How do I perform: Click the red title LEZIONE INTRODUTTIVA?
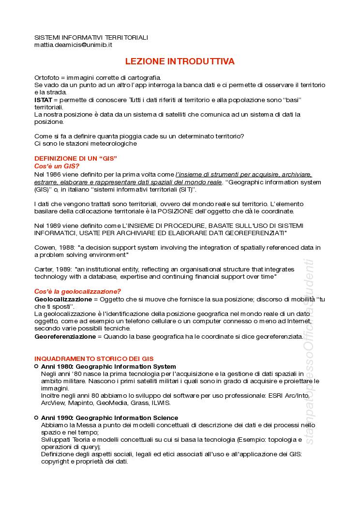pyautogui.click(x=180, y=61)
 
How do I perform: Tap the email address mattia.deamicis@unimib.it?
pyautogui.click(x=73, y=45)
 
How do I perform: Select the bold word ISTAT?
pyautogui.click(x=43, y=99)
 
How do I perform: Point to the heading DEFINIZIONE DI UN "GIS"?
pyautogui.click(x=75, y=159)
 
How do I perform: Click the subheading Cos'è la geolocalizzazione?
pyautogui.click(x=77, y=291)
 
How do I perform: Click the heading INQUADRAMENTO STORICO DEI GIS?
pyautogui.click(x=94, y=359)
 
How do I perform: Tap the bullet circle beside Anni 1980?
pyautogui.click(x=36, y=366)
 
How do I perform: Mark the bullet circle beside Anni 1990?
pyautogui.click(x=36, y=417)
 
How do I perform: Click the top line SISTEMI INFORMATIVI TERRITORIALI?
pyautogui.click(x=91, y=37)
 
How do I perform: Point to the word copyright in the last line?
pyautogui.click(x=56, y=462)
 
